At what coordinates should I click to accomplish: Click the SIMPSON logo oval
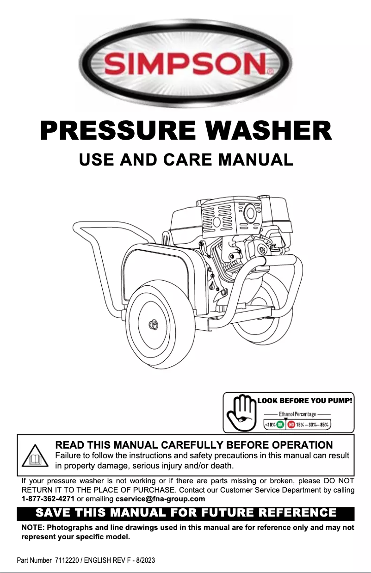tap(185, 63)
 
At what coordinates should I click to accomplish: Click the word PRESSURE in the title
tap(116, 130)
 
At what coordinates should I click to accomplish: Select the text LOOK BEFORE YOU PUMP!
tap(305, 400)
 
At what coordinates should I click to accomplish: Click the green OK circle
tap(280, 424)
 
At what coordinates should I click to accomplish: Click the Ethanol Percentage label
tap(297, 414)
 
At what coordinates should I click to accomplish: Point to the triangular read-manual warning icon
tap(36, 456)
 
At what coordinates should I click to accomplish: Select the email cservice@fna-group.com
tap(160, 499)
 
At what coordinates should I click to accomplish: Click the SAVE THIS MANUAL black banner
tap(185, 513)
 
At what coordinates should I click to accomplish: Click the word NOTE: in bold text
tap(33, 528)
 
